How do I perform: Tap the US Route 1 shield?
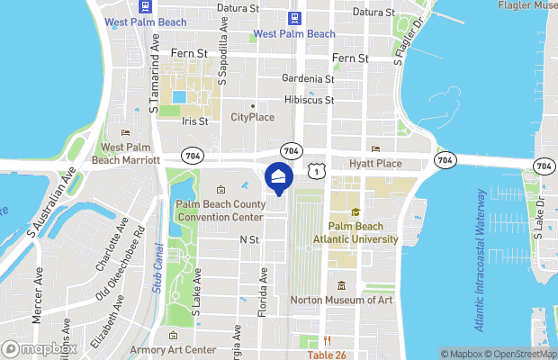[314, 169]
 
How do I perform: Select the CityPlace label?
[252, 118]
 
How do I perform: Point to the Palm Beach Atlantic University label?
[355, 232]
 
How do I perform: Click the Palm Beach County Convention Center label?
[220, 211]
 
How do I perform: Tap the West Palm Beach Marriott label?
[125, 153]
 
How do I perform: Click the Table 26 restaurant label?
[328, 355]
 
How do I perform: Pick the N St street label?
[248, 240]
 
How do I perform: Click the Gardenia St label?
[308, 79]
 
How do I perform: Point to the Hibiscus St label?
[309, 100]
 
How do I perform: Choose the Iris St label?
[194, 121]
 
